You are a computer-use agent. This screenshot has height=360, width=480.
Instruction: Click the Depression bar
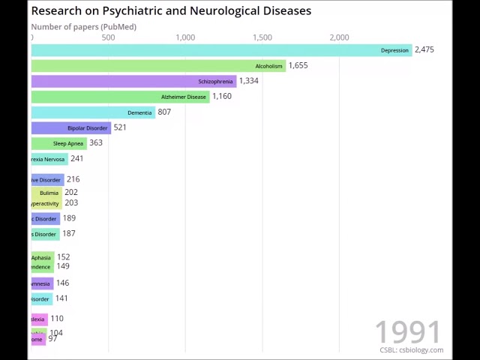click(221, 50)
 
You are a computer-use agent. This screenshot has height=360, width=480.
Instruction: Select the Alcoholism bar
click(158, 66)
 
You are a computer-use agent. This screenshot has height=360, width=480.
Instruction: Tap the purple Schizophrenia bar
click(133, 81)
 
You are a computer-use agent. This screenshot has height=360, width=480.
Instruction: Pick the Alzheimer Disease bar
click(120, 97)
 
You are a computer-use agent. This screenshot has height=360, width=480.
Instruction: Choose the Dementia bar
click(93, 112)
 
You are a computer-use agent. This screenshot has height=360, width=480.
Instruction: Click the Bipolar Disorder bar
click(71, 128)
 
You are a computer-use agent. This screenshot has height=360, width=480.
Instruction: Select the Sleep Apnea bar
click(59, 143)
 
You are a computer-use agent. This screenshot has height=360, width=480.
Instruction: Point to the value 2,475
click(424, 49)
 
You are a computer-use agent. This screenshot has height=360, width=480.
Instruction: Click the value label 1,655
click(298, 65)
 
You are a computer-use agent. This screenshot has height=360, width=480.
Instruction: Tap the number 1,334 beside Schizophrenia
click(248, 81)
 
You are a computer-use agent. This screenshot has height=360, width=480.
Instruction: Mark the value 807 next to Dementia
click(164, 112)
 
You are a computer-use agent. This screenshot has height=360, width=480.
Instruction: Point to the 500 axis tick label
click(108, 37)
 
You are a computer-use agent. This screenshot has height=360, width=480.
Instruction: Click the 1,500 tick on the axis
click(262, 37)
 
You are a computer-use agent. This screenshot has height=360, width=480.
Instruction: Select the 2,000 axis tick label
click(339, 37)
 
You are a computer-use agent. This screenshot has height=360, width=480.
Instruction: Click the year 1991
click(408, 331)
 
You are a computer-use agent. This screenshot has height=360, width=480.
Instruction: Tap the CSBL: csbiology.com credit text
click(411, 350)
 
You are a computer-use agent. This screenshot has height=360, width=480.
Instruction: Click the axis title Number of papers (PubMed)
click(83, 27)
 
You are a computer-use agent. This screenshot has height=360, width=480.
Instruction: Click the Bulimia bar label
click(49, 193)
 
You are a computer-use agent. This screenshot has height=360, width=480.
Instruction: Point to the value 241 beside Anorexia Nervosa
click(76, 158)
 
